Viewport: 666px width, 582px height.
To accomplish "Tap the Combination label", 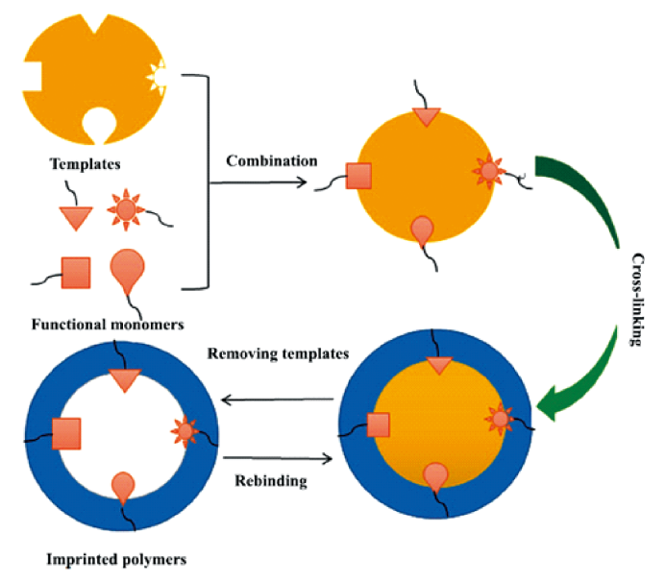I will [x=271, y=160].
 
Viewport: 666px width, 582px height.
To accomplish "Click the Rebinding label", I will [x=271, y=480].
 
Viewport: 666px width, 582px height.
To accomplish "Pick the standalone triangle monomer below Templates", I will [x=76, y=216].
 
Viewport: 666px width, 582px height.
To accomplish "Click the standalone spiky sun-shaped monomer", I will [x=128, y=209].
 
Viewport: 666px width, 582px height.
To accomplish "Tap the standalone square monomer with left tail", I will [x=75, y=273].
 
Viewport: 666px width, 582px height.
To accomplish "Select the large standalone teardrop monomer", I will [x=128, y=268].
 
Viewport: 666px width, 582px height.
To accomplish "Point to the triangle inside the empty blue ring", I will [x=125, y=379].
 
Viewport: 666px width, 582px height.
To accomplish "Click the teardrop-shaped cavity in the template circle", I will [x=97, y=122].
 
